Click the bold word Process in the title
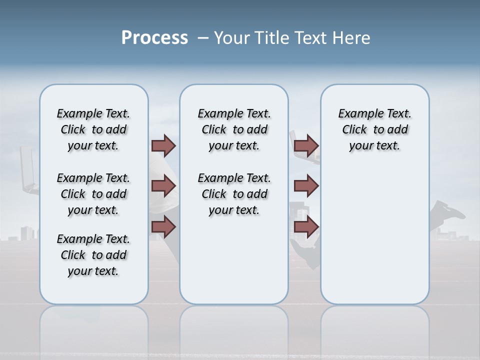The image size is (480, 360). [x=154, y=38]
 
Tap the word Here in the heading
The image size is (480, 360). [x=352, y=38]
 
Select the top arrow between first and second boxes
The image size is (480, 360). [x=163, y=145]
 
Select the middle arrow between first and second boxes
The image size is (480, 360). [x=163, y=186]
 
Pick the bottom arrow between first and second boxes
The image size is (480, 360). [x=163, y=227]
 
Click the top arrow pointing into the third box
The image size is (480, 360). [x=306, y=145]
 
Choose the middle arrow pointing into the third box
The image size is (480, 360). [x=306, y=186]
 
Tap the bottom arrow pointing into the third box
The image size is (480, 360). [x=306, y=227]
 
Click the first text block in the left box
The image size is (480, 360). [x=93, y=129]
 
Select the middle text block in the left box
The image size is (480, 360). [x=93, y=194]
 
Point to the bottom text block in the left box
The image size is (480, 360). [x=93, y=255]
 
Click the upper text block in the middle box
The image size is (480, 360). [x=234, y=129]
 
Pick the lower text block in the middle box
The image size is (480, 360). [x=234, y=194]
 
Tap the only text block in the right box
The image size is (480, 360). [x=374, y=129]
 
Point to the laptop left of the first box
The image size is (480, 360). [x=28, y=170]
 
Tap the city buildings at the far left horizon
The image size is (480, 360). [x=27, y=232]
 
